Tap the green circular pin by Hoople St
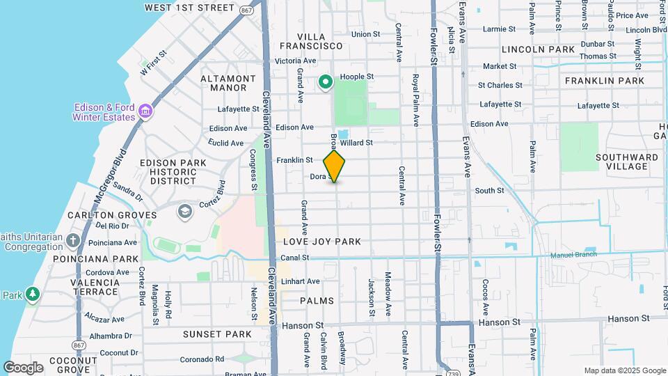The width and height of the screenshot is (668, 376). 325,83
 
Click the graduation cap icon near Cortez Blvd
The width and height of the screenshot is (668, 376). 184,210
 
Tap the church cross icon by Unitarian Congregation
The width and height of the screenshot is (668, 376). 74,242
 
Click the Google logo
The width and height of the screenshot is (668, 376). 23,368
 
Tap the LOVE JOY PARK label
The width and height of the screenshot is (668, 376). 322,242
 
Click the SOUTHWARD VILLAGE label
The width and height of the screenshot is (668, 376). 627,162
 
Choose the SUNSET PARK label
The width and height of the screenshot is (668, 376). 216,334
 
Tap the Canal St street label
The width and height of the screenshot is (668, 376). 295,258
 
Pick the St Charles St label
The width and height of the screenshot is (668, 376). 500,85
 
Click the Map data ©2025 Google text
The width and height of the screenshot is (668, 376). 624,370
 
